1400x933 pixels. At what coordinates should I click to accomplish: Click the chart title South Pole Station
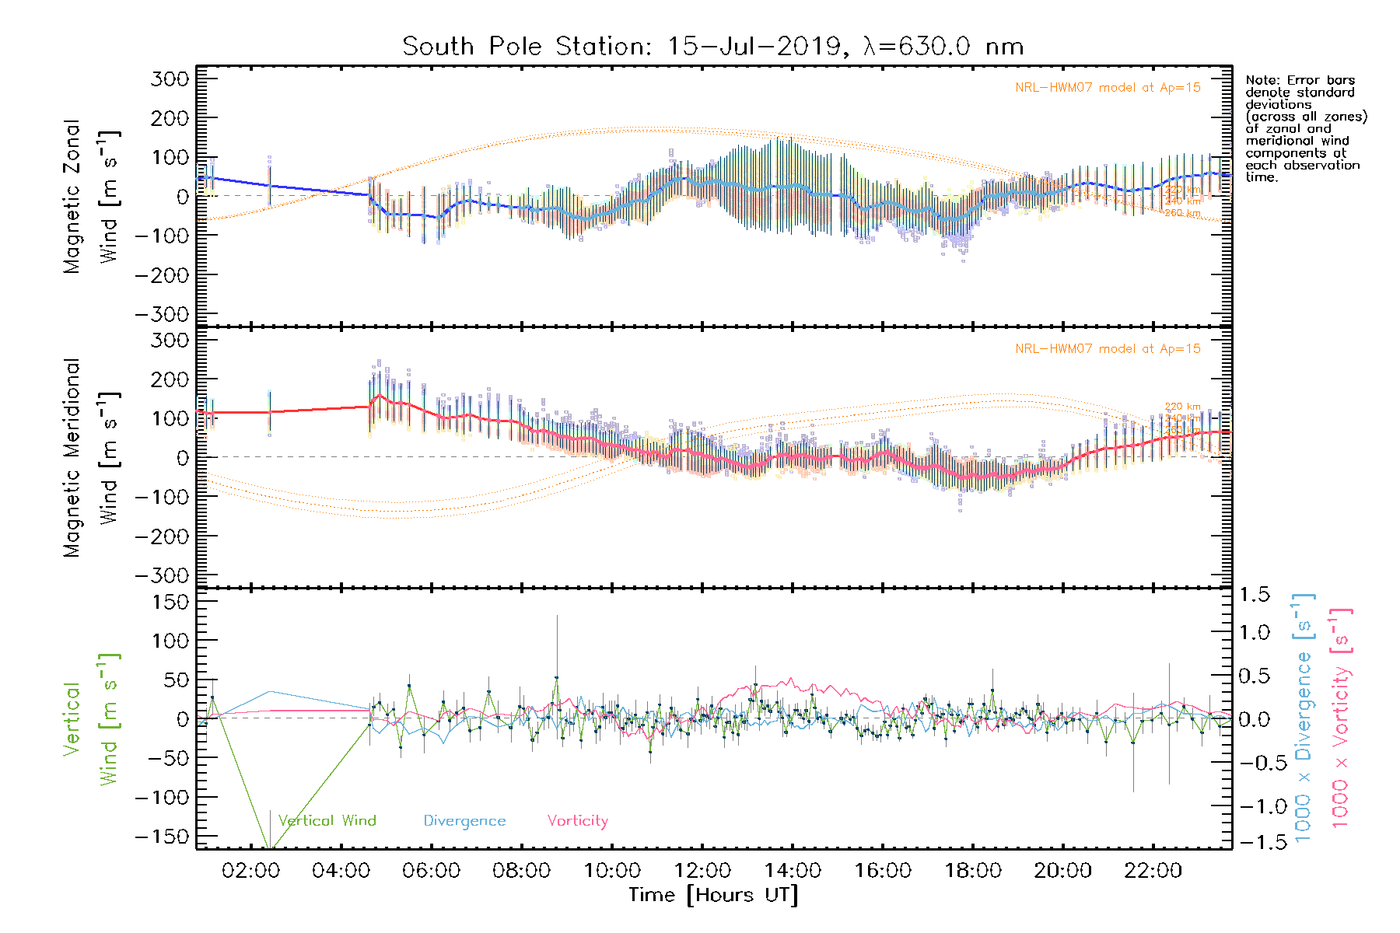(x=712, y=47)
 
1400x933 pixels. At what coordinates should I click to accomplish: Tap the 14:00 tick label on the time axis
(x=793, y=870)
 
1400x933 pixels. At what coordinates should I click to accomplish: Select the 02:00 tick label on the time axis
(x=250, y=870)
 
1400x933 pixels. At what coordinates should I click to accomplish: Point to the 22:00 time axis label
(x=1153, y=870)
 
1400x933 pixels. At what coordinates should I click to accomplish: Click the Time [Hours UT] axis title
(x=713, y=895)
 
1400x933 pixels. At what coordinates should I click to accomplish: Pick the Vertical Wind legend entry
(x=327, y=820)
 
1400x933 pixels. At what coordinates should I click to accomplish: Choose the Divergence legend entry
(x=464, y=820)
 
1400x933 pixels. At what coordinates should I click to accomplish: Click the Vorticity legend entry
(x=577, y=820)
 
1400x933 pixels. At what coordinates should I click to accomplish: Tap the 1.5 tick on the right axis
(x=1255, y=595)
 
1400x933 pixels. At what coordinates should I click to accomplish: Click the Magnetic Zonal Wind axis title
(x=92, y=197)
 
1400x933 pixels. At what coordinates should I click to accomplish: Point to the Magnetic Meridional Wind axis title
(x=92, y=458)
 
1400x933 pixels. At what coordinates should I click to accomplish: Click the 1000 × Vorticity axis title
(x=1341, y=718)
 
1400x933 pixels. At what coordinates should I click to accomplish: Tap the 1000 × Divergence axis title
(x=1304, y=718)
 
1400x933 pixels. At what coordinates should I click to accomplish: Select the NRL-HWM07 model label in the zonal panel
(x=1108, y=87)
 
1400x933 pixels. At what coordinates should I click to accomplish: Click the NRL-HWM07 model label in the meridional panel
(x=1108, y=348)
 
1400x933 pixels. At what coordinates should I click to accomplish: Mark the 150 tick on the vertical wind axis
(x=170, y=602)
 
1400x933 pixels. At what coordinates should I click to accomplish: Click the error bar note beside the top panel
(x=1305, y=128)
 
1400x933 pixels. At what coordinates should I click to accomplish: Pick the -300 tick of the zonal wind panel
(x=162, y=314)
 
